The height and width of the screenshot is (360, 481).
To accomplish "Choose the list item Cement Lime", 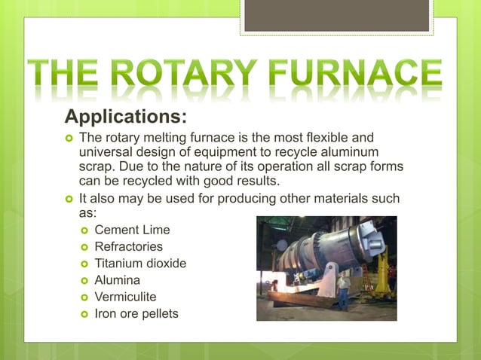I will pyautogui.click(x=132, y=230).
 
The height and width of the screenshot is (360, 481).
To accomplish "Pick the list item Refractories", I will pyautogui.click(x=128, y=246).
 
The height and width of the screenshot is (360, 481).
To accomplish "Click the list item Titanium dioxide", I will pyautogui.click(x=140, y=263).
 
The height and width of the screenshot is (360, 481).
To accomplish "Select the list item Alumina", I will pyautogui.click(x=118, y=279).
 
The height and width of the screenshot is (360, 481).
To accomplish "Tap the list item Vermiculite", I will pyautogui.click(x=125, y=296).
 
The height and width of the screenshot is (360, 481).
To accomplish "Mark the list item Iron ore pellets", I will pyautogui.click(x=136, y=313).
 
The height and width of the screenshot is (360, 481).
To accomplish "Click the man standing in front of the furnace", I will pyautogui.click(x=343, y=290).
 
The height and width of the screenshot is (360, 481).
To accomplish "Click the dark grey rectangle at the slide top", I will pyautogui.click(x=337, y=15).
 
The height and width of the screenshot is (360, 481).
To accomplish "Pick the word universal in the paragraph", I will pyautogui.click(x=106, y=153).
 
